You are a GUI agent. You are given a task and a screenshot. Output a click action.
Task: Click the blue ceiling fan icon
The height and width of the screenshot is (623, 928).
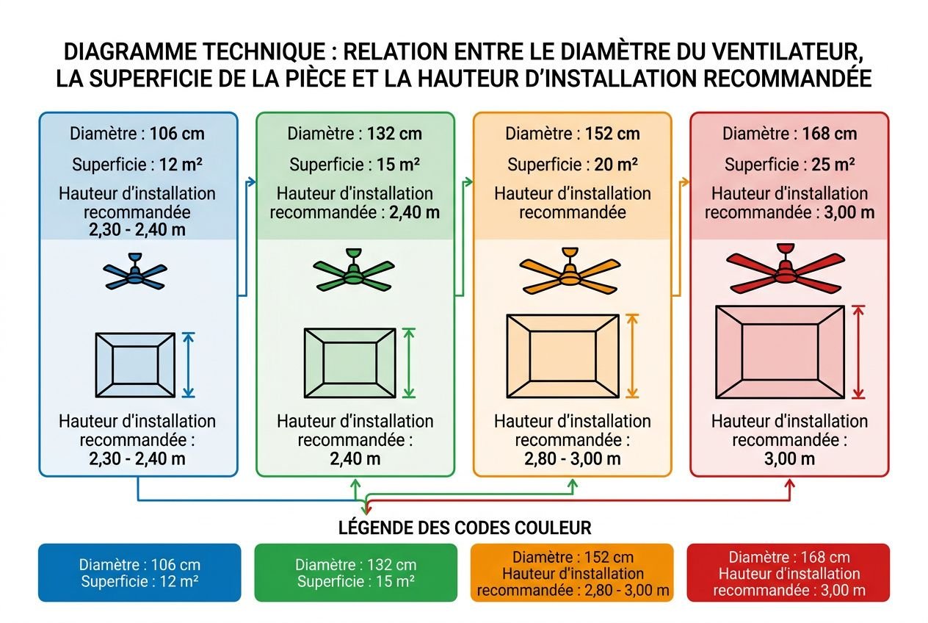tap(135, 273)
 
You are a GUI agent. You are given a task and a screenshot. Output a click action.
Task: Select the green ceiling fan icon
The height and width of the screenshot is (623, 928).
tap(353, 273)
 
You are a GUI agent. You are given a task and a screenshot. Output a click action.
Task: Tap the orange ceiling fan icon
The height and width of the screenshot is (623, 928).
tap(570, 273)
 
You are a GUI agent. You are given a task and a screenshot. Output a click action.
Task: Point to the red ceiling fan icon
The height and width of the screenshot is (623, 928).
tap(785, 271)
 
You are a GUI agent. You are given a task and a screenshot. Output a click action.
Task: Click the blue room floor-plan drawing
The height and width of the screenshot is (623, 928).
tap(135, 365)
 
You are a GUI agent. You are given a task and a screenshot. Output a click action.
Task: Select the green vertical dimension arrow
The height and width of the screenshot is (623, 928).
tap(410, 362)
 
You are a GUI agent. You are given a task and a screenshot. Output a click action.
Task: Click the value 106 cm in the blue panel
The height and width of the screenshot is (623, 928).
tap(177, 134)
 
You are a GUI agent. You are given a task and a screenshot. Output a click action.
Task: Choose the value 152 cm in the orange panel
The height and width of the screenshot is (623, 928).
tap(612, 134)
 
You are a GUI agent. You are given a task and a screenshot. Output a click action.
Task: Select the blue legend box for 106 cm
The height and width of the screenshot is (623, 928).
tap(139, 573)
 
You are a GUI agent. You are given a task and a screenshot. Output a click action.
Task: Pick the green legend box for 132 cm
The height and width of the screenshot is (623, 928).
tap(355, 573)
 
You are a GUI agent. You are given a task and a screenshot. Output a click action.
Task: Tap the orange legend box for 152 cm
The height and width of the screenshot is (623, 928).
tap(572, 573)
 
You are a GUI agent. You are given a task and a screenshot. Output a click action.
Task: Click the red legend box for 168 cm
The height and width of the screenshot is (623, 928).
tap(788, 573)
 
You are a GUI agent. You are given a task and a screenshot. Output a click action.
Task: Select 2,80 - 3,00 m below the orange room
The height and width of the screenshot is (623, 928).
tap(572, 459)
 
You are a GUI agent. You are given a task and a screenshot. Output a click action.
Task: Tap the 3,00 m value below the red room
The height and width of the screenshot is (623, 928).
tap(789, 459)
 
